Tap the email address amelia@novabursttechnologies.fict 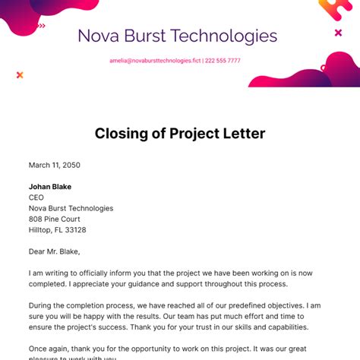tap(155, 61)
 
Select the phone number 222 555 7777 tap(223, 61)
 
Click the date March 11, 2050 tap(55, 165)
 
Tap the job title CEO tap(36, 197)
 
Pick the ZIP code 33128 tap(74, 230)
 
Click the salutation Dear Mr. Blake tap(54, 252)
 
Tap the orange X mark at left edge tap(20, 74)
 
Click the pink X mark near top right tap(338, 33)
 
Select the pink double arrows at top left tap(41, 26)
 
